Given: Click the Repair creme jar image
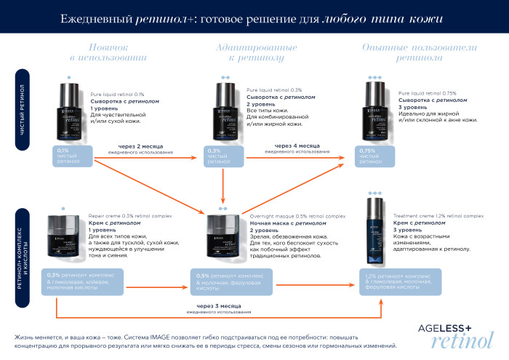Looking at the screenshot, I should [66, 236].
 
